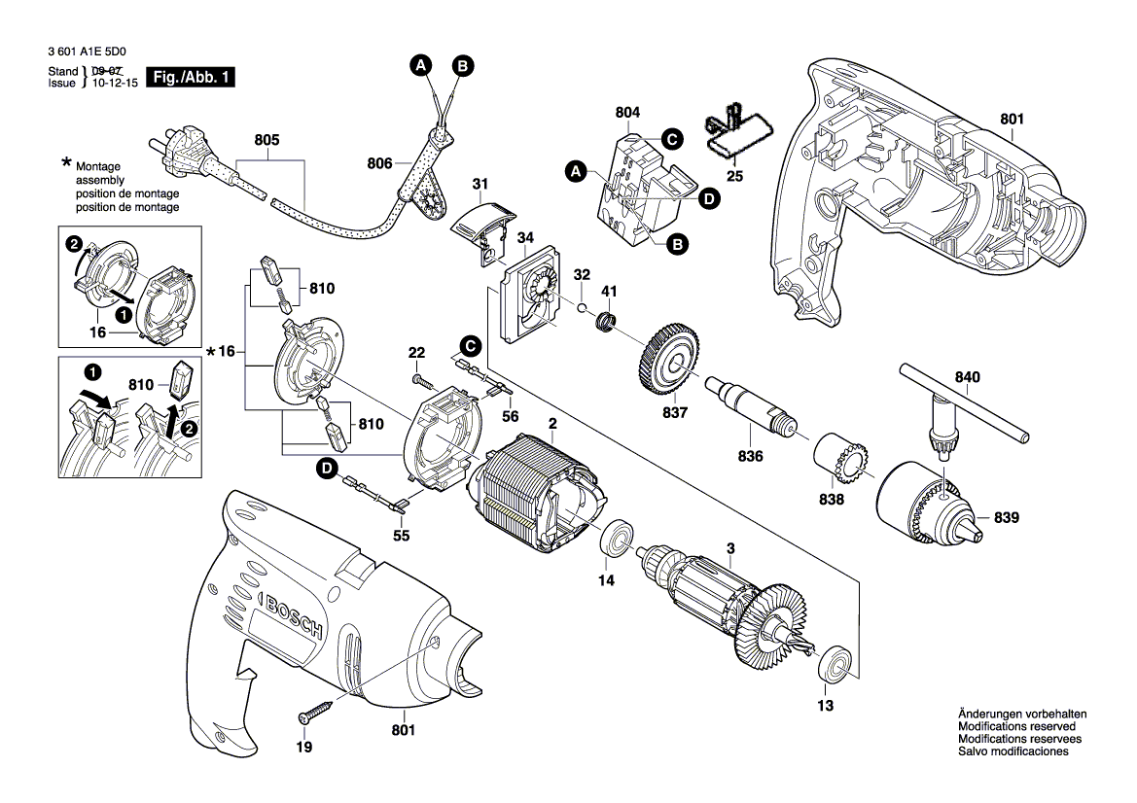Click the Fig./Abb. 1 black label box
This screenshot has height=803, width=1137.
(190, 77)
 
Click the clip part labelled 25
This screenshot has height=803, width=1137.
(737, 130)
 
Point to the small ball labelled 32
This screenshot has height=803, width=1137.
(580, 308)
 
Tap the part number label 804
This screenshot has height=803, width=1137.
(628, 114)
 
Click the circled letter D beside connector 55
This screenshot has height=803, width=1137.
(328, 469)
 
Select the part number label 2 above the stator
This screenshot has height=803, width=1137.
(552, 424)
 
